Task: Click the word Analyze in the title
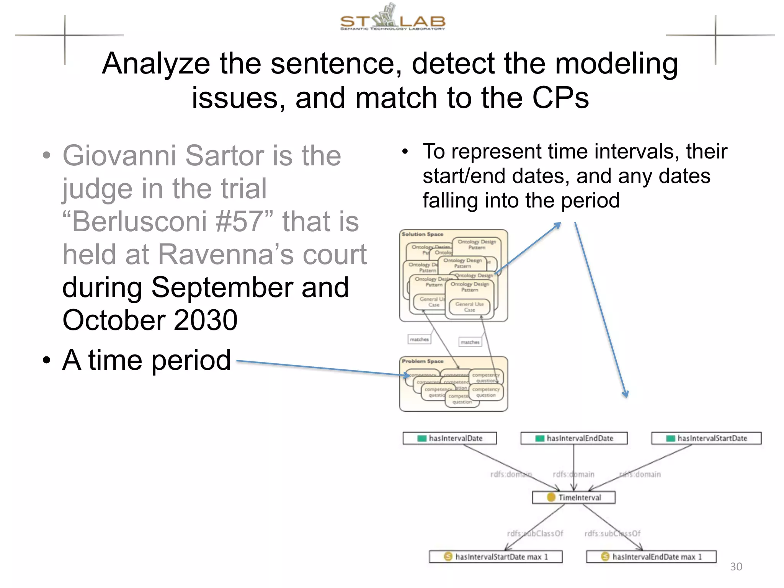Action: [x=156, y=64]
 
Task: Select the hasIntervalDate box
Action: [x=450, y=438]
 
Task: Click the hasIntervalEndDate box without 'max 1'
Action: [x=574, y=438]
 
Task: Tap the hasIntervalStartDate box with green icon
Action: [x=706, y=438]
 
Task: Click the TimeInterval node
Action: [x=574, y=497]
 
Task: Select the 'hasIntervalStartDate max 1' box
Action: [x=496, y=557]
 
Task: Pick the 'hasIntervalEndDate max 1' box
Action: [x=651, y=557]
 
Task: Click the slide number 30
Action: [x=736, y=567]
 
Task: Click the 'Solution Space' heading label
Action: [x=422, y=234]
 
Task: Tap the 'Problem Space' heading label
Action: [x=422, y=361]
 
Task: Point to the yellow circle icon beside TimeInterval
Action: [x=551, y=497]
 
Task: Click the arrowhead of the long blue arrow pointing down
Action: [x=626, y=394]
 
